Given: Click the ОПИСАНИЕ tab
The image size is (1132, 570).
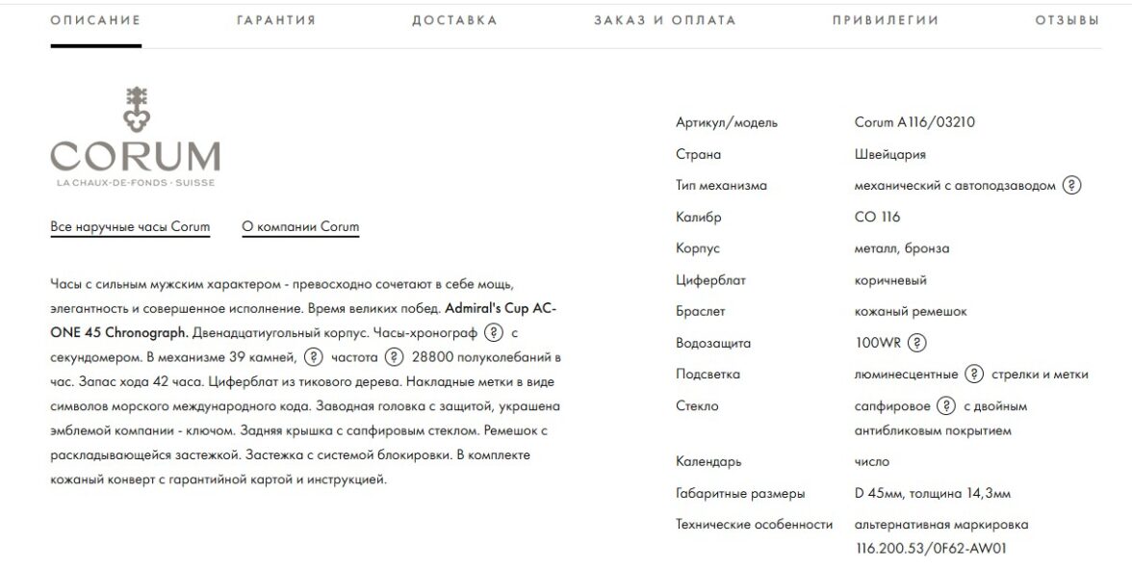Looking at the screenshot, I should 95,20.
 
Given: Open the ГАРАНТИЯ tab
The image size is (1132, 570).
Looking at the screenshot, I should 276,20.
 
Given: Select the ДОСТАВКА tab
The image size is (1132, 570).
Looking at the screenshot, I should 454,20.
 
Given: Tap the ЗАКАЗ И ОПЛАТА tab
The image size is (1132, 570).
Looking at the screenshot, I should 664,20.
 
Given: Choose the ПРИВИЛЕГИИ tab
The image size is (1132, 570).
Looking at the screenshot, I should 886,20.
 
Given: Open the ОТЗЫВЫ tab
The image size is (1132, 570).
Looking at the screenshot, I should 1067,20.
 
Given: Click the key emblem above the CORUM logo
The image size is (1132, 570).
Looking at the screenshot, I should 136,109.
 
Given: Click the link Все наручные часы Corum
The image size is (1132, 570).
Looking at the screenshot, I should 130,227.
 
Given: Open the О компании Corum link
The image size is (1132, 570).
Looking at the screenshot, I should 300,227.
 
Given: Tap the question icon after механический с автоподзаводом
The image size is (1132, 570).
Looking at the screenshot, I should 1071,186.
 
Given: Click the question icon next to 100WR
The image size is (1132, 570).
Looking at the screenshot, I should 917,343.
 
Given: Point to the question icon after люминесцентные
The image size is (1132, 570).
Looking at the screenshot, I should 974,375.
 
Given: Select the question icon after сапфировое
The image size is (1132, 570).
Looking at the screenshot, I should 946,406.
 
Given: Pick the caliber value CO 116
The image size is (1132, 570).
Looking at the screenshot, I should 878,217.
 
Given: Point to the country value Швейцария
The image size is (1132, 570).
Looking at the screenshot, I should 890,154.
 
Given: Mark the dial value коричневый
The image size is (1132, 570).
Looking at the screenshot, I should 890,280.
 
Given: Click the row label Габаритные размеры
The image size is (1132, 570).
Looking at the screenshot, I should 740,494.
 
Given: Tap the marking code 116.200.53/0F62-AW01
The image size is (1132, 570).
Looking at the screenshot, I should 930,548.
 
